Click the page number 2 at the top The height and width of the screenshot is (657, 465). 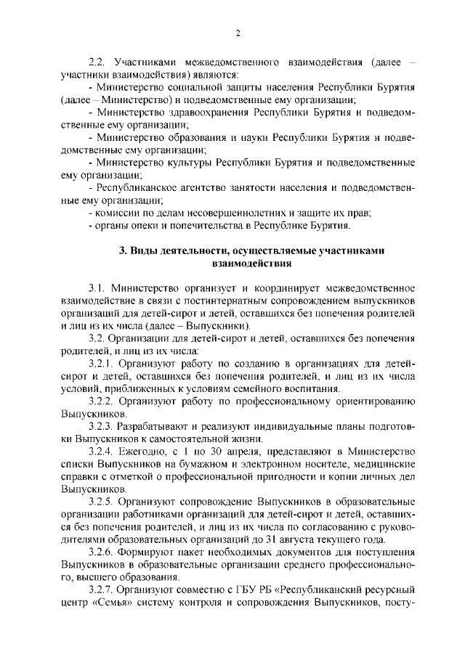(238, 33)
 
